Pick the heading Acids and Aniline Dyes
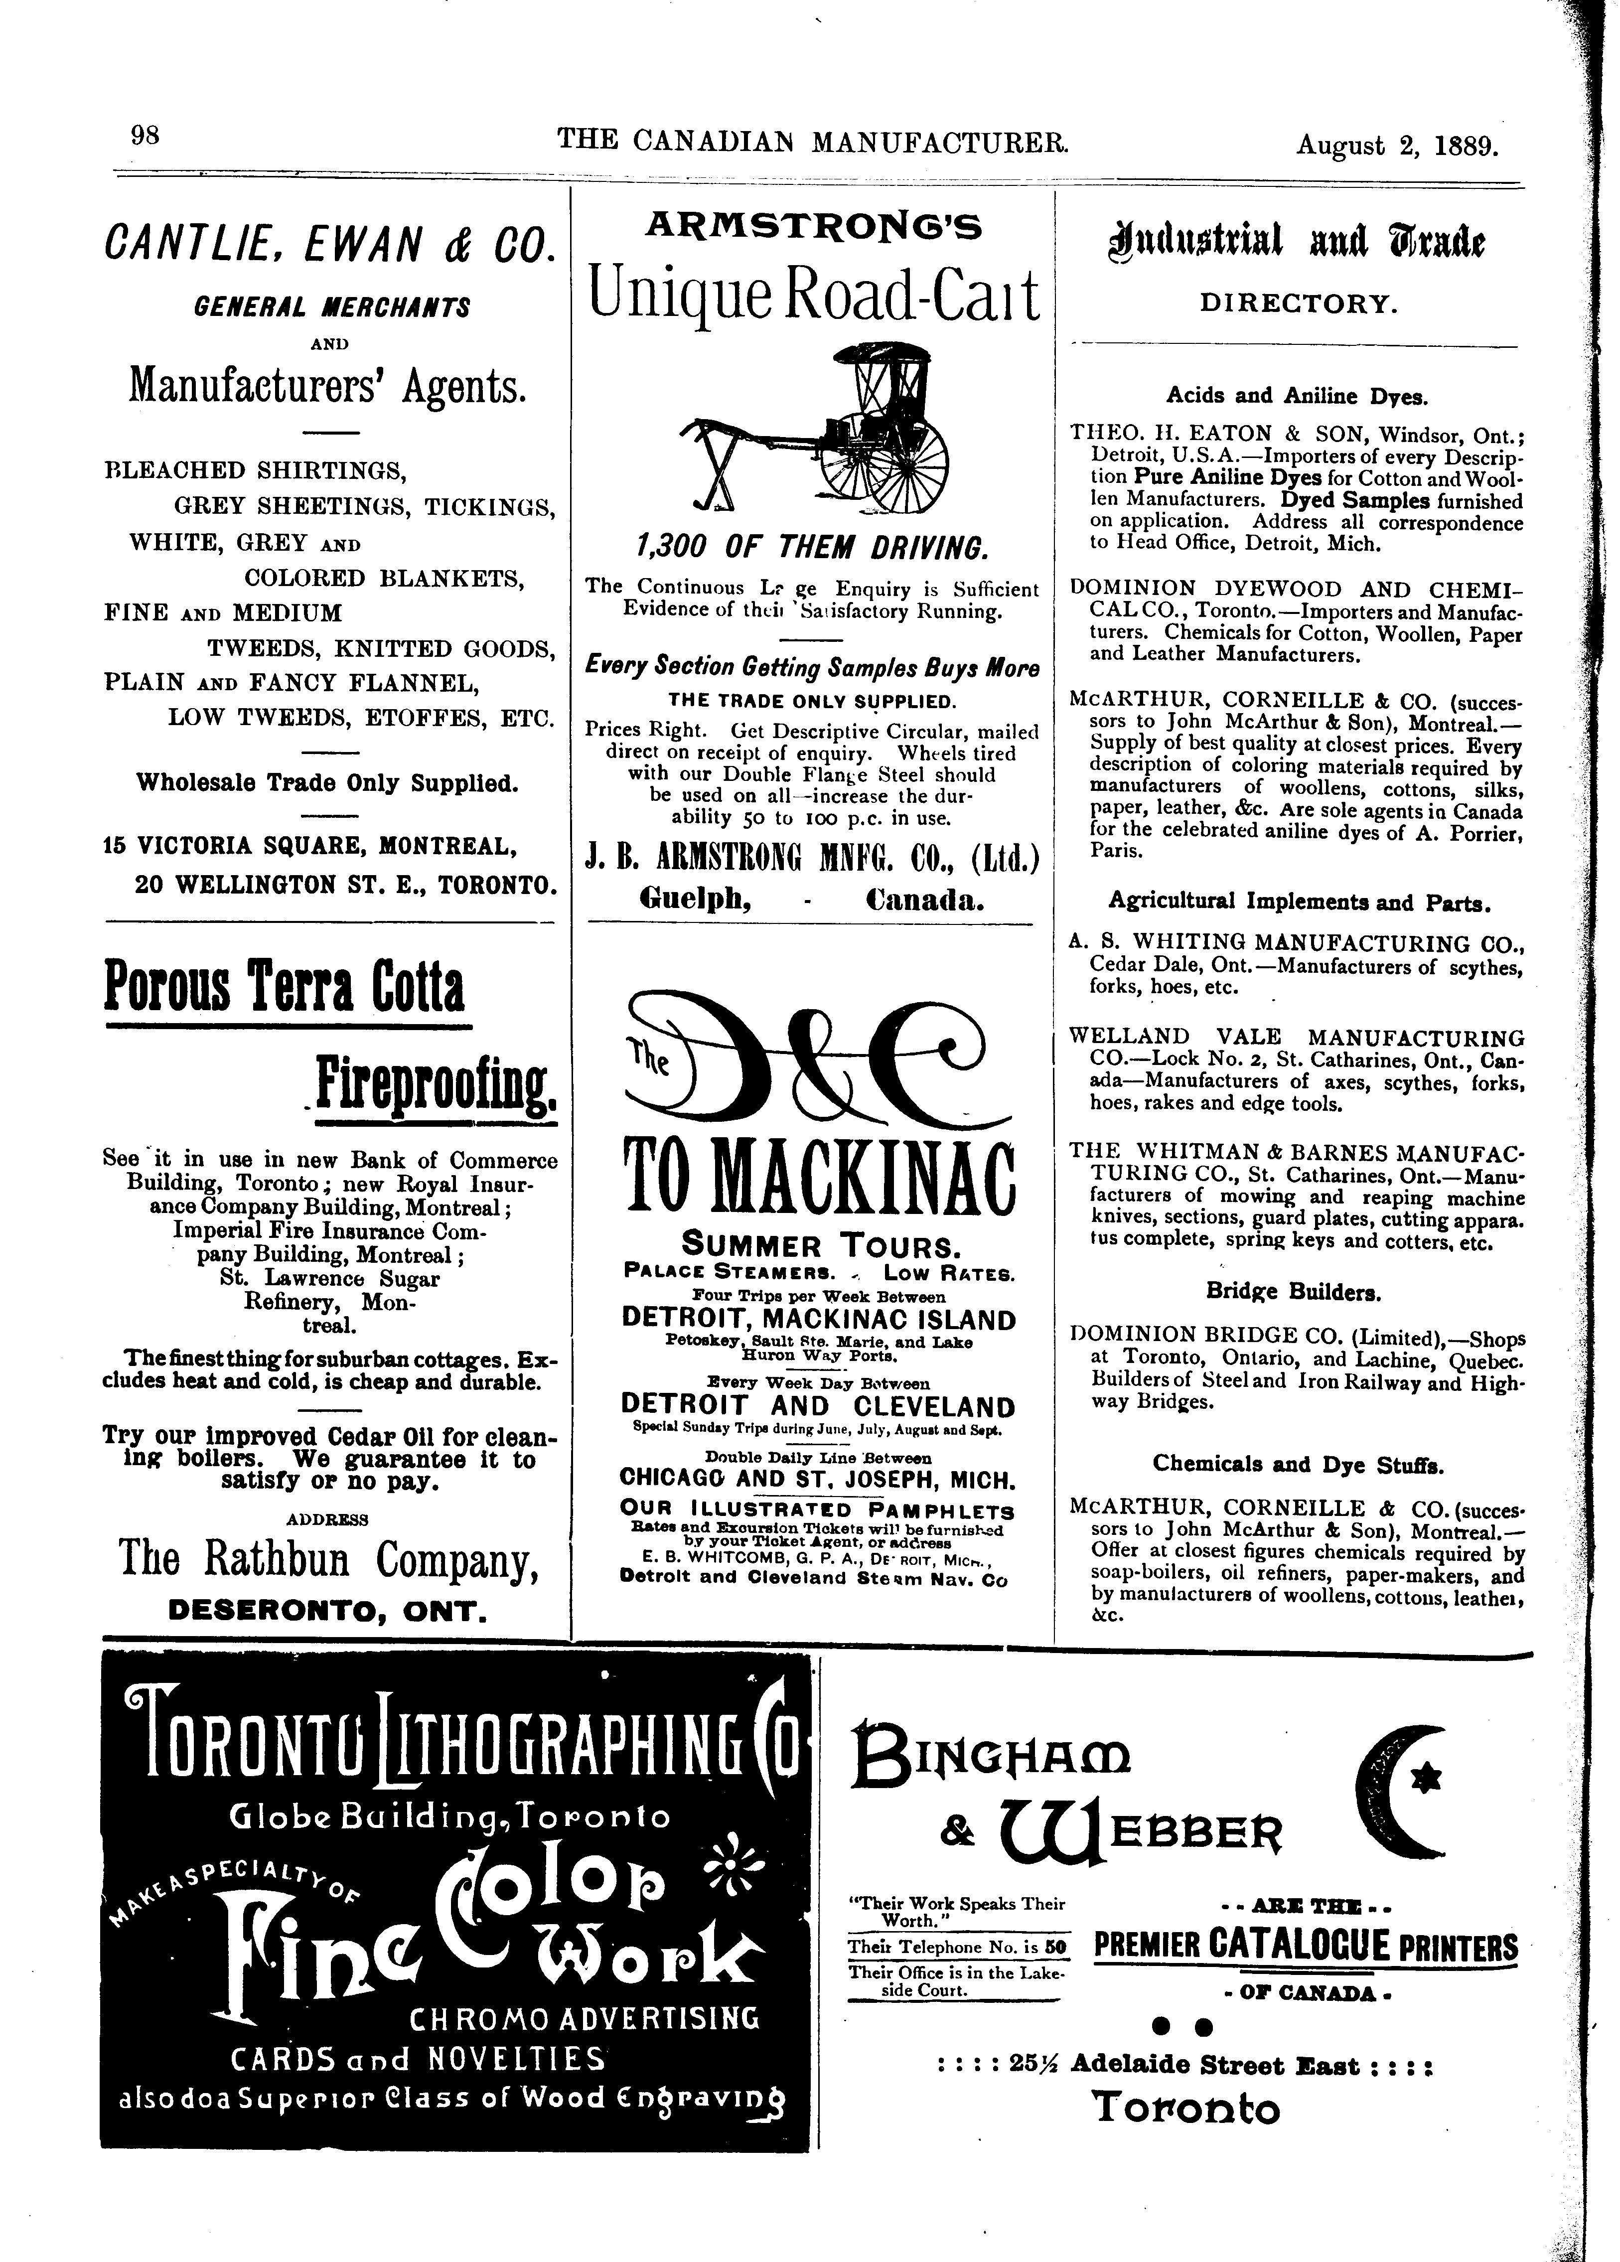coord(1297,396)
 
